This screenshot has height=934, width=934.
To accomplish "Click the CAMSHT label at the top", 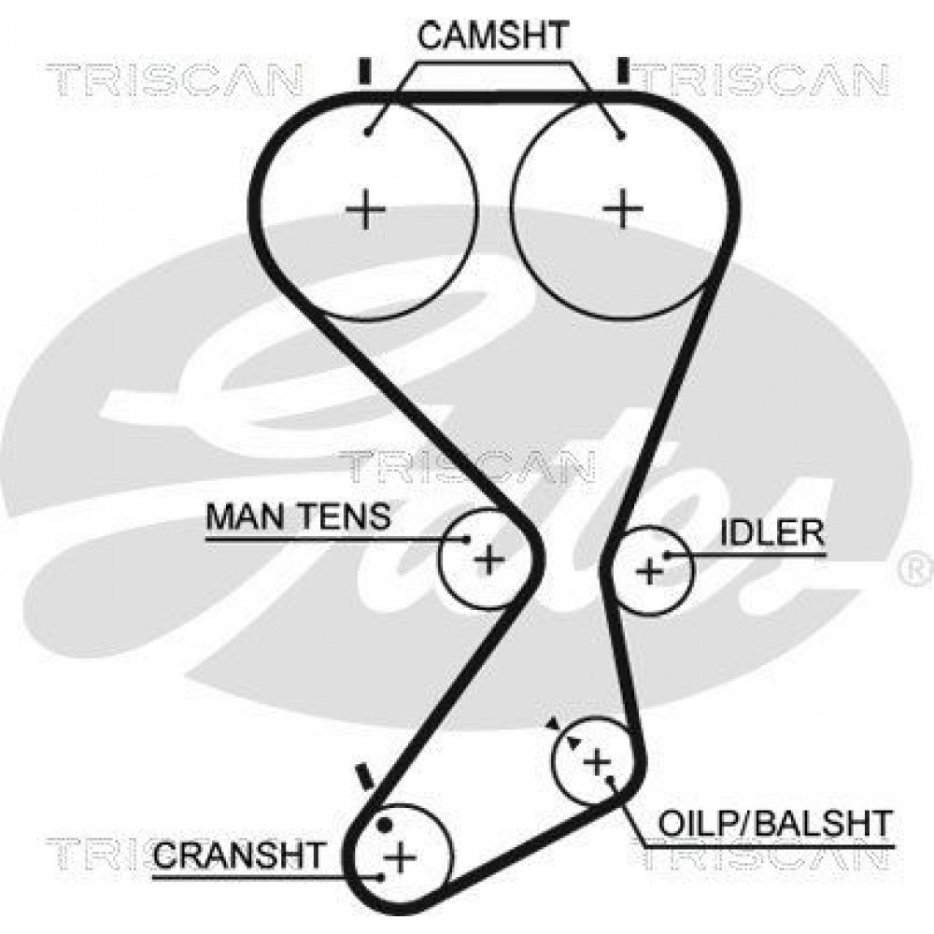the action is pyautogui.click(x=492, y=35).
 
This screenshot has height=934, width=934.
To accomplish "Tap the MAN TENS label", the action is pyautogui.click(x=298, y=517).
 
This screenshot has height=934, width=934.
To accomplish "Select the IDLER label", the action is pyautogui.click(x=772, y=532).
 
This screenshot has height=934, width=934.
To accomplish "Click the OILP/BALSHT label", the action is pyautogui.click(x=775, y=823).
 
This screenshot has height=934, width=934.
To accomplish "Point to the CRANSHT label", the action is pyautogui.click(x=238, y=855).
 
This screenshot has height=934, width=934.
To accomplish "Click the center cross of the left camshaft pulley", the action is pyautogui.click(x=366, y=209).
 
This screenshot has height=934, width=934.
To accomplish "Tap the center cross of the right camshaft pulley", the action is pyautogui.click(x=623, y=209).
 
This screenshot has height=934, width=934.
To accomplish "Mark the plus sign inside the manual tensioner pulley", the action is pyautogui.click(x=489, y=559).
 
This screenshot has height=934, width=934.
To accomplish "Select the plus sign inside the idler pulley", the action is pyautogui.click(x=650, y=572).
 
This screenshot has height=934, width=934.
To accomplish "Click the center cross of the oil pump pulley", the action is pyautogui.click(x=597, y=761).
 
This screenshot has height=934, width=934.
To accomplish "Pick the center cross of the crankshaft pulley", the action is pyautogui.click(x=401, y=857).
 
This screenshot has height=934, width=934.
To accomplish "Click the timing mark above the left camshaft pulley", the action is pyautogui.click(x=364, y=71).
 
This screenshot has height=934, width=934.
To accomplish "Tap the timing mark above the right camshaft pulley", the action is pyautogui.click(x=624, y=70).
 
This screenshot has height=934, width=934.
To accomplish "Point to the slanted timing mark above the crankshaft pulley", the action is pyautogui.click(x=363, y=777).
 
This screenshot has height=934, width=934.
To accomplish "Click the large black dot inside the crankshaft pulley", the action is pyautogui.click(x=385, y=826).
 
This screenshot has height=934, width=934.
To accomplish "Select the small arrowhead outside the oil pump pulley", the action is pyautogui.click(x=553, y=723).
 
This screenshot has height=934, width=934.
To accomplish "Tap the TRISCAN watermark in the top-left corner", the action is pyautogui.click(x=174, y=79).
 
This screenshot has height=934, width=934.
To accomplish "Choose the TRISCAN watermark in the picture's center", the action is pyautogui.click(x=466, y=466).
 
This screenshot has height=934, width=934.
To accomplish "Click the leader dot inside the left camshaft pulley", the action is pyautogui.click(x=369, y=132).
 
